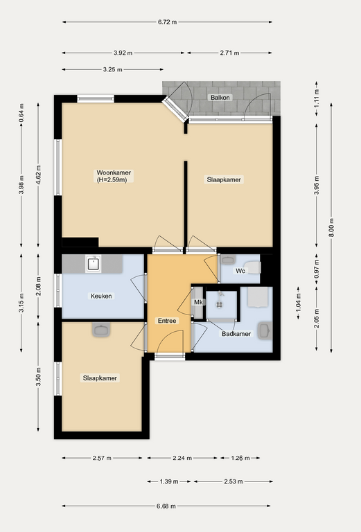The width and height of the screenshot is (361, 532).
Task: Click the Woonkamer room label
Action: pyautogui.click(x=114, y=172)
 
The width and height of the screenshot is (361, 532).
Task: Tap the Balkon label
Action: pyautogui.click(x=220, y=98)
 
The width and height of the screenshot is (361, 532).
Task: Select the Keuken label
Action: pyautogui.click(x=101, y=296)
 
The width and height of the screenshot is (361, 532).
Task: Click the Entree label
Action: pyautogui.click(x=167, y=321)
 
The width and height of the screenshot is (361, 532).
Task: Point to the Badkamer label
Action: pyautogui.click(x=236, y=334)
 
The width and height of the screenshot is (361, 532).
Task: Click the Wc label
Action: pyautogui.click(x=240, y=271)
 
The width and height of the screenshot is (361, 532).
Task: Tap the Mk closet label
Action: pyautogui.click(x=198, y=302)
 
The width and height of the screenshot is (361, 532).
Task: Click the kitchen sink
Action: pyautogui.click(x=94, y=264)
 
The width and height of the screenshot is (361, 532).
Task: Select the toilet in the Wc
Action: pyautogui.click(x=253, y=267)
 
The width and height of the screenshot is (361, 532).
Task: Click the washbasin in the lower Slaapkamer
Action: pyautogui.click(x=101, y=330)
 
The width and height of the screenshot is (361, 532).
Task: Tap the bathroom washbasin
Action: pyautogui.click(x=265, y=331)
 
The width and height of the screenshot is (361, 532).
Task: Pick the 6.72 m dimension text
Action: pyautogui.click(x=167, y=22)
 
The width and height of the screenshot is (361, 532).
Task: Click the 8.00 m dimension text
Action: pyautogui.click(x=331, y=228)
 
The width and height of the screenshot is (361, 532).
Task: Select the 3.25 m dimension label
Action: pyautogui.click(x=113, y=69)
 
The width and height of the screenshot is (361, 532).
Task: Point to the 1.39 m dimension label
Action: pyautogui.click(x=169, y=481)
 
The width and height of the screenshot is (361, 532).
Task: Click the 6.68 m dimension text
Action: pyautogui.click(x=166, y=506)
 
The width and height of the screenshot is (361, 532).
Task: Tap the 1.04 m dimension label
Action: pyautogui.click(x=299, y=303)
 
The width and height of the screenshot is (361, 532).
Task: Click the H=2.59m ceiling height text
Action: pyautogui.click(x=112, y=180)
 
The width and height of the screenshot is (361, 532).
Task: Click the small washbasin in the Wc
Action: pyautogui.click(x=229, y=260)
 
